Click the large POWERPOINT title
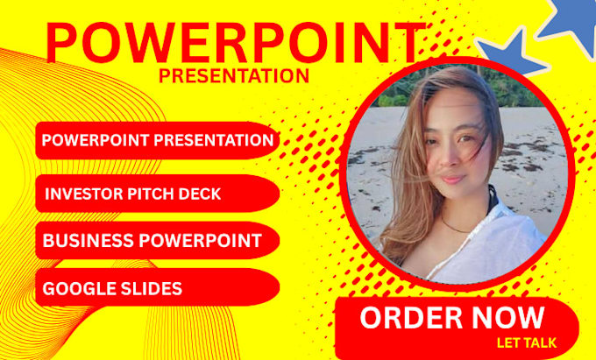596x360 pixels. click(236, 43)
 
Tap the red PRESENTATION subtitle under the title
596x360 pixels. click(234, 76)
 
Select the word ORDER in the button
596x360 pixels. click(410, 317)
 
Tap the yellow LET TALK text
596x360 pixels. click(527, 342)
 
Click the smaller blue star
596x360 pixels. click(513, 53)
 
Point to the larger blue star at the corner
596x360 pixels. click(571, 23)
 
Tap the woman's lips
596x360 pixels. click(453, 179)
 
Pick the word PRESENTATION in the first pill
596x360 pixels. click(214, 140)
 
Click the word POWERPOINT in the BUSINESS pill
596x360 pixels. click(200, 241)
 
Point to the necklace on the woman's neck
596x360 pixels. click(456, 227)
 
